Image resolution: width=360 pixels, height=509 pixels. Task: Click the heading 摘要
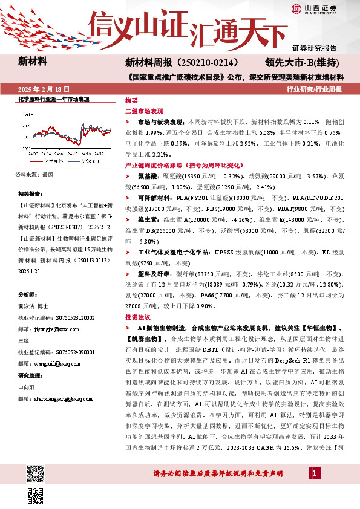131,100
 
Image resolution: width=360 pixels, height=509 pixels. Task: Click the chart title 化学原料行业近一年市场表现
54,99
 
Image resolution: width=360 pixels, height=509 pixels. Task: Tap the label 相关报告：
30,194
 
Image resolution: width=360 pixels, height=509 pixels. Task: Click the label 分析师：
28,294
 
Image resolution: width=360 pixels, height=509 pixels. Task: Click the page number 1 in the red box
315,472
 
